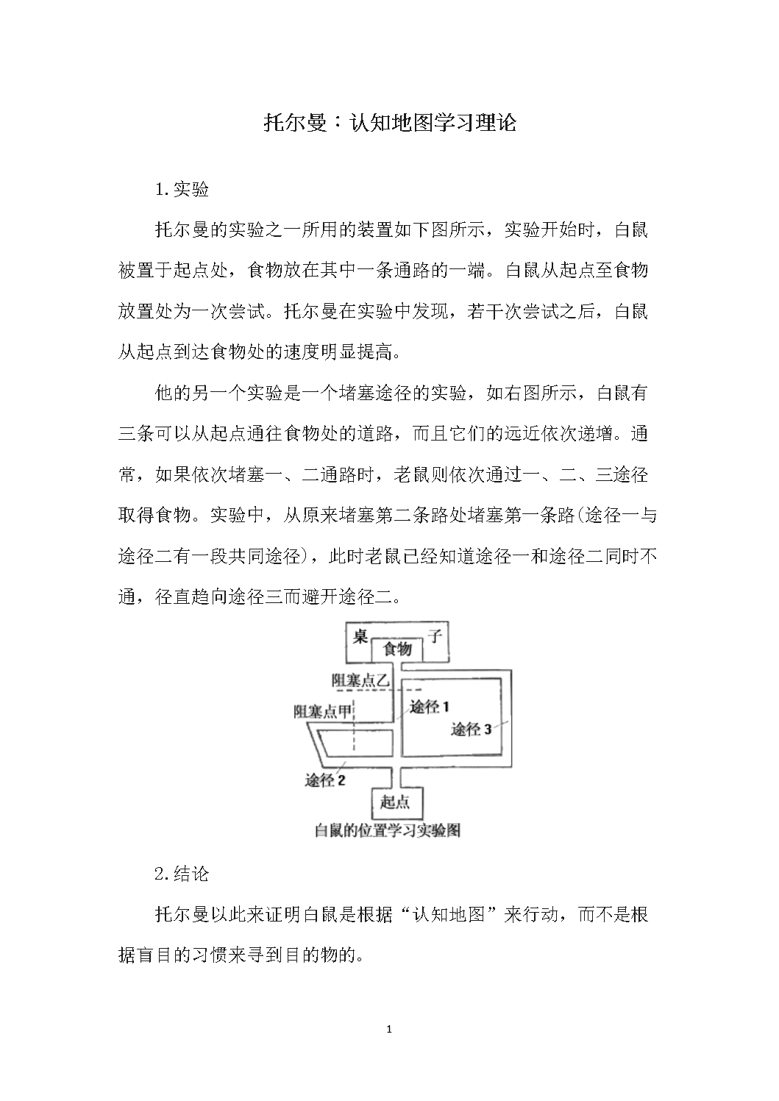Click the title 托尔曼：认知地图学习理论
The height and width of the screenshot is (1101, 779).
389,123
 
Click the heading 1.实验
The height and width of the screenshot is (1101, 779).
182,190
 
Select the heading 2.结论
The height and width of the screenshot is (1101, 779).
182,874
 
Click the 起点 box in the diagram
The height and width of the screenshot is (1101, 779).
396,802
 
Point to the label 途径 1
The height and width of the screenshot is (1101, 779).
430,708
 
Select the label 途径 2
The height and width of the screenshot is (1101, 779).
325,780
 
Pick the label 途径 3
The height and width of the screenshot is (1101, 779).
471,730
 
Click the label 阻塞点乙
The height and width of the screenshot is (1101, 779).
360,680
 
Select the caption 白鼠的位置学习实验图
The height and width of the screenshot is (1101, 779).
387,831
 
